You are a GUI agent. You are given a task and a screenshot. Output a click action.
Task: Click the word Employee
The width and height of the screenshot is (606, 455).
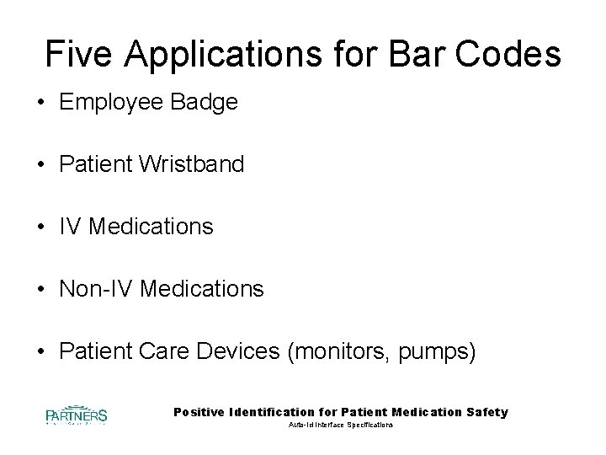coord(113,104)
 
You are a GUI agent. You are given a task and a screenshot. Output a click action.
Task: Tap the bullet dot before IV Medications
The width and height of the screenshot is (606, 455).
coord(40,227)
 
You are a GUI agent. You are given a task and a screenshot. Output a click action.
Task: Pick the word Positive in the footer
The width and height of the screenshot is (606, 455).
coord(199,412)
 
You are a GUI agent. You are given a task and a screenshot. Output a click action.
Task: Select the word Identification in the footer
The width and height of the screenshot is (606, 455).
coord(271,412)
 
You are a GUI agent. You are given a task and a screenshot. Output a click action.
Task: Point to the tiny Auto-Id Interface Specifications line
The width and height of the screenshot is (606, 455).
coord(341,426)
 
